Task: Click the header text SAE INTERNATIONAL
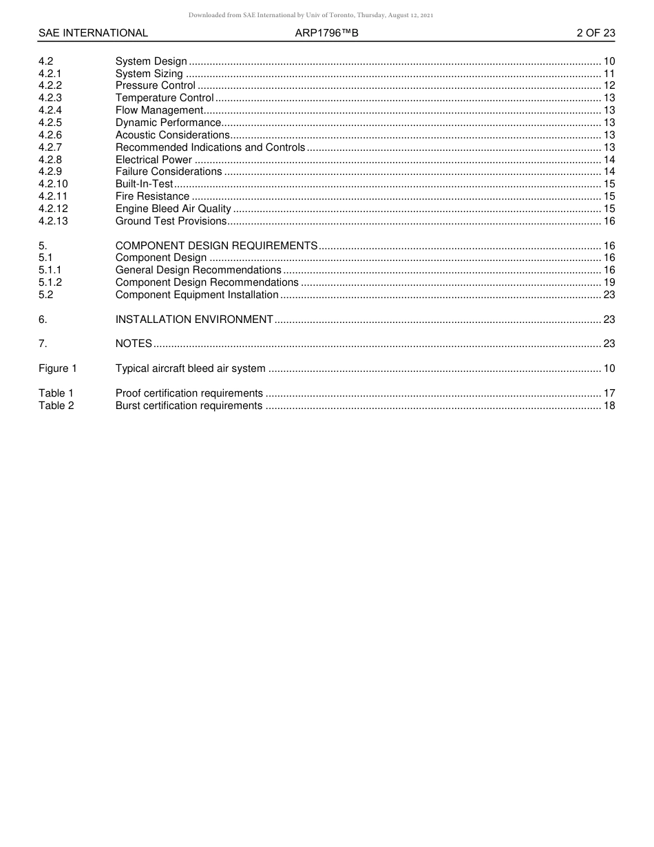tap(93, 33)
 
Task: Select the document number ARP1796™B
tap(327, 33)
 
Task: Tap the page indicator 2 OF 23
tap(595, 33)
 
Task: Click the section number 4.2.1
tap(50, 74)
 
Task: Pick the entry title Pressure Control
tap(156, 86)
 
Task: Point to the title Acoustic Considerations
tap(172, 135)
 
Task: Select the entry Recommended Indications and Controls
tap(210, 147)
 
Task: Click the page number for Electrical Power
tap(609, 160)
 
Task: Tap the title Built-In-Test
tap(144, 185)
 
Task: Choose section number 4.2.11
tap(53, 197)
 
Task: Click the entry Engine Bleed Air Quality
tap(173, 209)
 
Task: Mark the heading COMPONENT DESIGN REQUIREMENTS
tap(216, 246)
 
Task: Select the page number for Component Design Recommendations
tap(609, 282)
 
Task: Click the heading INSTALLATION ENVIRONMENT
tap(194, 320)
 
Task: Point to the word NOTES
tap(134, 344)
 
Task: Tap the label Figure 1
tap(58, 368)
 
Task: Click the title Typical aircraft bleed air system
tap(190, 368)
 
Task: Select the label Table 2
tap(56, 406)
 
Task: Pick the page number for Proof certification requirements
tap(609, 393)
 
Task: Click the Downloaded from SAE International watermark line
tap(311, 15)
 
